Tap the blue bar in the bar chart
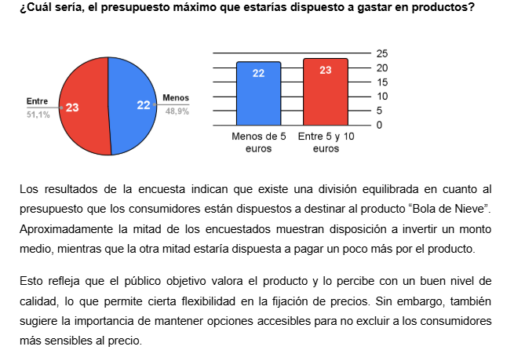pyautogui.click(x=258, y=94)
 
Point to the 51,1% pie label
pyautogui.click(x=38, y=115)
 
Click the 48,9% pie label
pyautogui.click(x=177, y=111)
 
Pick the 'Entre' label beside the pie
pyautogui.click(x=37, y=101)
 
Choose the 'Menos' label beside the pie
pyautogui.click(x=176, y=97)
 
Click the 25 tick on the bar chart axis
pyautogui.click(x=382, y=53)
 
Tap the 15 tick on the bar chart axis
pyautogui.click(x=382, y=82)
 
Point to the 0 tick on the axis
pyautogui.click(x=379, y=126)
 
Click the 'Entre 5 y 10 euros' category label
pyautogui.click(x=326, y=142)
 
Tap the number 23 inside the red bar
pyautogui.click(x=326, y=70)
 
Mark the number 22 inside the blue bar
pyautogui.click(x=258, y=73)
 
